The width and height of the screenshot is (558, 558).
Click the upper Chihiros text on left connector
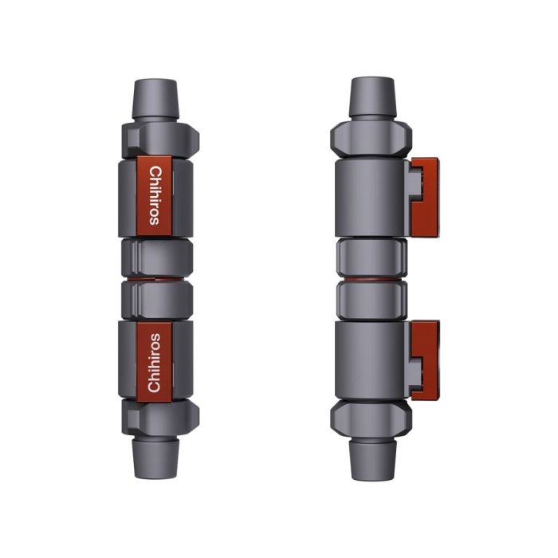click(x=155, y=195)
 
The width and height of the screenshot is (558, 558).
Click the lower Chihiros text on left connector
click(x=155, y=363)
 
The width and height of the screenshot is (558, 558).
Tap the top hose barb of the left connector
click(x=156, y=97)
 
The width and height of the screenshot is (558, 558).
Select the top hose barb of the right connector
click(x=371, y=96)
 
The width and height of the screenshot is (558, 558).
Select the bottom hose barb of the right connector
click(x=371, y=460)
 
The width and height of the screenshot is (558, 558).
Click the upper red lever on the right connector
click(x=423, y=196)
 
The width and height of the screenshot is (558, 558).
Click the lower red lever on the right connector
click(x=423, y=360)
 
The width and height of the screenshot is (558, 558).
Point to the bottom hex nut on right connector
click(x=371, y=418)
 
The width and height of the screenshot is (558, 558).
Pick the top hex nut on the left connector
click(x=156, y=139)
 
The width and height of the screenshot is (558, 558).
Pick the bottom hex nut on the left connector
click(x=156, y=417)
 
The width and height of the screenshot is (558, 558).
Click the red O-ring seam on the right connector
click(x=371, y=279)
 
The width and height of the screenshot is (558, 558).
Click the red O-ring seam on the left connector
click(x=156, y=279)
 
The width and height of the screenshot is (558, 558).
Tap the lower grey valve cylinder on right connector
click(x=371, y=359)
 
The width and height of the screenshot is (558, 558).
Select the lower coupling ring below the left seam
click(x=156, y=300)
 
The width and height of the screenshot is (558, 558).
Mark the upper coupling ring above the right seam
click(x=371, y=257)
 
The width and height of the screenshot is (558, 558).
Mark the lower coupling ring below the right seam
click(x=371, y=301)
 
